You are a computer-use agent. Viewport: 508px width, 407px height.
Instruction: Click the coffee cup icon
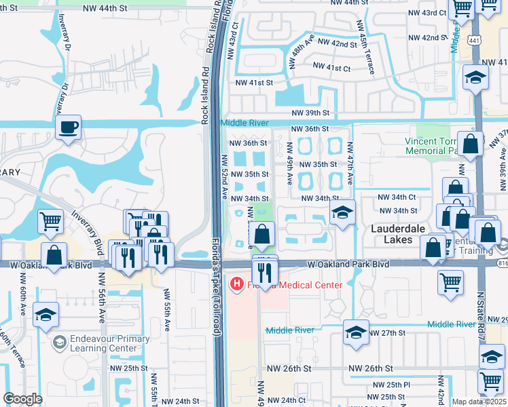[x=68, y=127]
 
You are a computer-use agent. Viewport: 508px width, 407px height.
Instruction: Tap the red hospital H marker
[x=237, y=283]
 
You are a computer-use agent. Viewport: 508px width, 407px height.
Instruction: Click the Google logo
[x=22, y=399]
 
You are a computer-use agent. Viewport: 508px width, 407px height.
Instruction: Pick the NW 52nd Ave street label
[x=223, y=177]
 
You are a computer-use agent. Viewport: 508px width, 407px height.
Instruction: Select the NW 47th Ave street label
[x=350, y=163]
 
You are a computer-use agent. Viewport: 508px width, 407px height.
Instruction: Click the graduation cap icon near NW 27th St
[x=355, y=332]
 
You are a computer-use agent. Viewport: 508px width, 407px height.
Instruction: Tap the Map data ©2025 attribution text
[x=479, y=402]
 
